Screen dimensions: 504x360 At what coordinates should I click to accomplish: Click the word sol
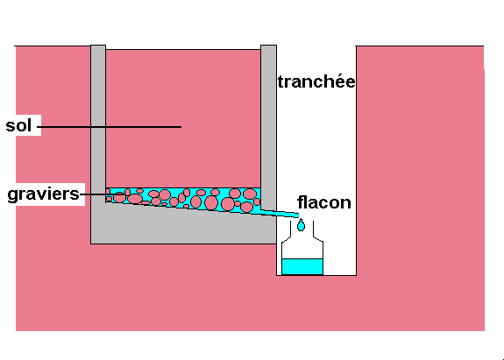(x=18, y=125)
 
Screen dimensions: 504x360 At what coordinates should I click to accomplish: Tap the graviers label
(x=44, y=194)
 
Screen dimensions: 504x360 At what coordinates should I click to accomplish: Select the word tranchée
(x=316, y=81)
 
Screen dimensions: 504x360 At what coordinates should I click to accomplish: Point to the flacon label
(x=324, y=202)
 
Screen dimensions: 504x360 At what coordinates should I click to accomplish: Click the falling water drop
(x=301, y=225)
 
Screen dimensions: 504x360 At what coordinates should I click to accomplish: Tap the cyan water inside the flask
(x=302, y=266)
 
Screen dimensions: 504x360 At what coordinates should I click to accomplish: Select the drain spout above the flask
(x=280, y=213)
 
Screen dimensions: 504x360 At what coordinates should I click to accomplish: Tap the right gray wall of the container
(x=268, y=127)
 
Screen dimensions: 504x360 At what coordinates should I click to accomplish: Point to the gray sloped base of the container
(x=183, y=226)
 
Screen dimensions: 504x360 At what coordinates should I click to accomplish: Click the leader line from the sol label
(x=110, y=127)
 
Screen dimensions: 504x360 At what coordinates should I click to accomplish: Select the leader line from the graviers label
(x=103, y=194)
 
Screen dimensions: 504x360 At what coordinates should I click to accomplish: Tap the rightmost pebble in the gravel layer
(x=257, y=201)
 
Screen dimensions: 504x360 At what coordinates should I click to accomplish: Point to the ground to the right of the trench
(x=420, y=160)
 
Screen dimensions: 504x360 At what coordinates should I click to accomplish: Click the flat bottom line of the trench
(x=316, y=275)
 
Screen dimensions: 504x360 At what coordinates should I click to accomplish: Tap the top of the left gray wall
(x=98, y=46)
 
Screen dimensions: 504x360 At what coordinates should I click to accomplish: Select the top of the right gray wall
(x=268, y=46)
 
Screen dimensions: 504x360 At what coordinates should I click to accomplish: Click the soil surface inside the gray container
(x=183, y=50)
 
